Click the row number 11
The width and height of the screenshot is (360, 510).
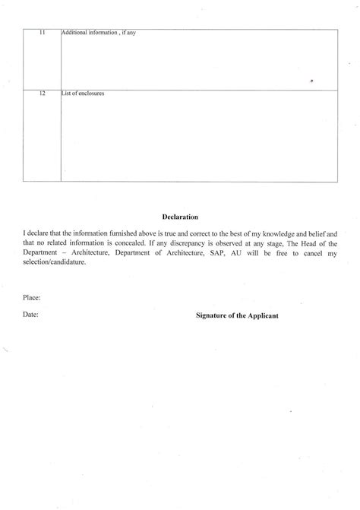pos(43,33)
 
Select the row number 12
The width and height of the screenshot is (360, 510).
pos(43,93)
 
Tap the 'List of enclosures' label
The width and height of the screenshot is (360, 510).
pos(83,93)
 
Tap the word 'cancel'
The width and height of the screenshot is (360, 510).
pos(309,251)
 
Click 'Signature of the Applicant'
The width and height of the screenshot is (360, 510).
pos(238,312)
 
